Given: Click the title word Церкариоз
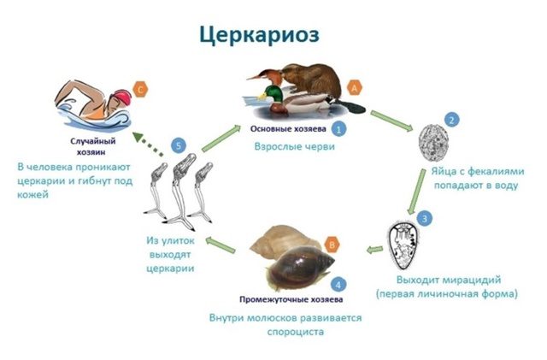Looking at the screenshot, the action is (x=259, y=35).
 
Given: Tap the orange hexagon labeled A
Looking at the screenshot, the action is (x=355, y=88).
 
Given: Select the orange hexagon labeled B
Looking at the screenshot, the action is (x=332, y=245).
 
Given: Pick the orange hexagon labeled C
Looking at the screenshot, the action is (x=140, y=90).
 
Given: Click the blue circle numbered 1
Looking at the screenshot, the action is (x=338, y=128).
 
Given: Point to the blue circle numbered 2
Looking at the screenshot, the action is (x=452, y=120).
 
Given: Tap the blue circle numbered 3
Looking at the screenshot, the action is (x=425, y=219).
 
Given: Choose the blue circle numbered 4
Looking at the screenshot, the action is (x=338, y=285).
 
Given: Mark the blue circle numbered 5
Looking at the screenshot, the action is (x=179, y=145).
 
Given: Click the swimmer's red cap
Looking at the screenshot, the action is (x=122, y=97).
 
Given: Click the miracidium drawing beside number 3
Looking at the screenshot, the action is (x=403, y=245).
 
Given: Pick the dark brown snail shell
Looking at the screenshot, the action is (x=300, y=267).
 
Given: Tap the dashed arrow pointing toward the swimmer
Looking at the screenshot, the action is (x=148, y=144).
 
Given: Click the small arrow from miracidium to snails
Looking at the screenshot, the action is (x=374, y=250).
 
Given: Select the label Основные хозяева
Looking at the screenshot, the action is (x=288, y=129).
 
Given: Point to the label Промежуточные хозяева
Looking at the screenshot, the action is (x=291, y=299).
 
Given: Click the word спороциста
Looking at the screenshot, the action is (x=296, y=332).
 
